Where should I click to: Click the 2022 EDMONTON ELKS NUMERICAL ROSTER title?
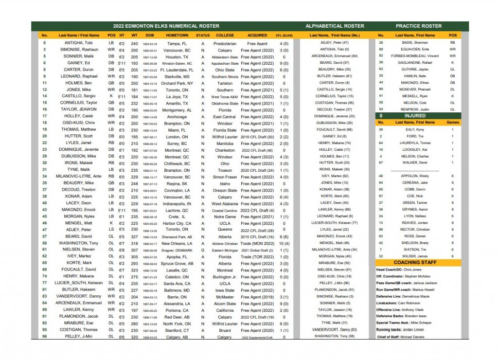(x=166, y=26)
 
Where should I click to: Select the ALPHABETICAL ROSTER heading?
(x=334, y=26)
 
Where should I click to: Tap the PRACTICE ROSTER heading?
(x=419, y=26)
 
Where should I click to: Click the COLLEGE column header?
(x=225, y=36)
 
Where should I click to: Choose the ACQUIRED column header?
(x=257, y=36)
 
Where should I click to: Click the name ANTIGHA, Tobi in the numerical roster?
(x=78, y=43)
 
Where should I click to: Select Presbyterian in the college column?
(x=225, y=43)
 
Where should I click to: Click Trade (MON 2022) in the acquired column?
(x=257, y=243)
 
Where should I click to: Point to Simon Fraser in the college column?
(x=225, y=177)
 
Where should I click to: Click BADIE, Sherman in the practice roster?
(x=415, y=43)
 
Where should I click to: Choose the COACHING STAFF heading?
(x=418, y=262)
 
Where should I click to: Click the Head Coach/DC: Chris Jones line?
(x=399, y=269)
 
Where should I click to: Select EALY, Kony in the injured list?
(x=415, y=130)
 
